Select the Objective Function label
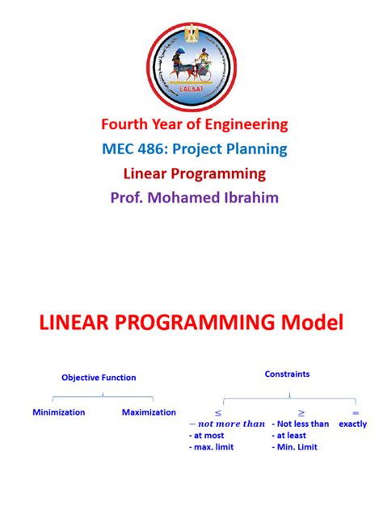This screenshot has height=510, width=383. point(99,377)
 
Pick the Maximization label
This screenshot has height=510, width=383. point(149,412)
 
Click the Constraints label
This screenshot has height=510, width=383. point(287,374)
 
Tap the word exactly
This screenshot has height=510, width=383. point(353,424)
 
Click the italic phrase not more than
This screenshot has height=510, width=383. point(227,424)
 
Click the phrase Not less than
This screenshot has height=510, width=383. point(301,424)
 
